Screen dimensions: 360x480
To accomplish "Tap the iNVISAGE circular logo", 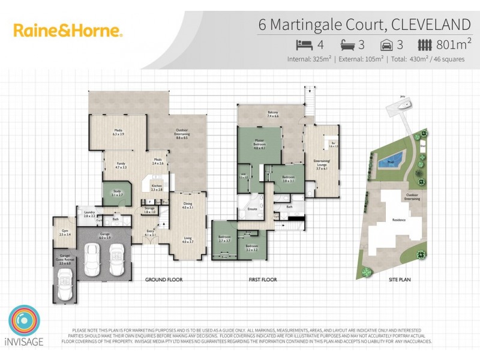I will coord(25,322).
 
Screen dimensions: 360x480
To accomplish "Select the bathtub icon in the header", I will coord(348,44).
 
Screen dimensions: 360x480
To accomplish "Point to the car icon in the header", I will coord(387,44).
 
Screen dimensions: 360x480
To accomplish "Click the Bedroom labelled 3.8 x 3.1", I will coord(288,179).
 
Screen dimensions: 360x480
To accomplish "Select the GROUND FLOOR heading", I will coord(164,280).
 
